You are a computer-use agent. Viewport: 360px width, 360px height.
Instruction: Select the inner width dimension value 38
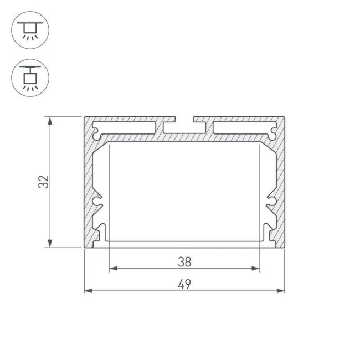[x=184, y=261]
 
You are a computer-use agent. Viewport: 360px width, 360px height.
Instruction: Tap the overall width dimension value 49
[x=184, y=284]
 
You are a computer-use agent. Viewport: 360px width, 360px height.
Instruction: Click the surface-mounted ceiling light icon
[x=30, y=30]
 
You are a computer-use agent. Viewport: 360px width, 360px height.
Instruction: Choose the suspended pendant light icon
[x=30, y=77]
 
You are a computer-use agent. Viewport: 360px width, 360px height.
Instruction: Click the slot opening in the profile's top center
[x=184, y=120]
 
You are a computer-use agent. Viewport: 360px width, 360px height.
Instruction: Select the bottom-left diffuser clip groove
[x=100, y=234]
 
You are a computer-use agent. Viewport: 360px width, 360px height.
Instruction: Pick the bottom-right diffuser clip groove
[x=269, y=234]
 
